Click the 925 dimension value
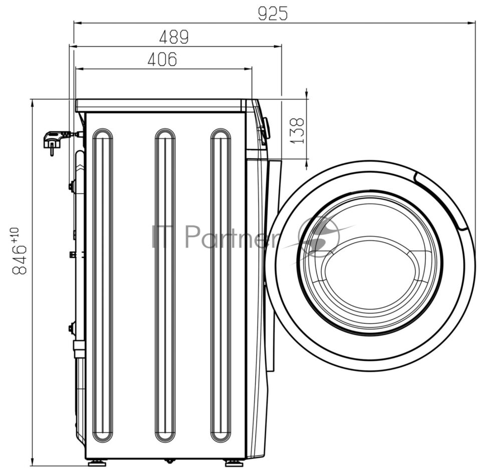[273, 13]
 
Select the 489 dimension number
[174, 37]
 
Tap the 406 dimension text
[162, 59]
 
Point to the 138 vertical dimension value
[298, 131]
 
